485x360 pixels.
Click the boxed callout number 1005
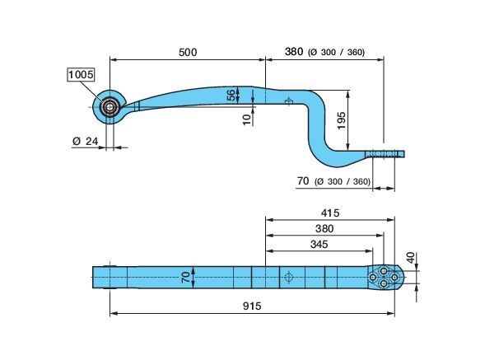click(x=81, y=75)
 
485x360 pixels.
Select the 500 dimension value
click(x=188, y=53)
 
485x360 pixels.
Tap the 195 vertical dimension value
click(x=341, y=121)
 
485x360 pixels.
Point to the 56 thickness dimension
click(x=231, y=95)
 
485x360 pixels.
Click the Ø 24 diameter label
click(x=85, y=141)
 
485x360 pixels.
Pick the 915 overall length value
click(x=252, y=306)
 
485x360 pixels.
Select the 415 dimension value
click(x=330, y=213)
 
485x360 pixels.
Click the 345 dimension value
click(x=319, y=244)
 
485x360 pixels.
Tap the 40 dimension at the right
click(x=410, y=258)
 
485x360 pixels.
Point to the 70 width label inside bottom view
click(x=185, y=277)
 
